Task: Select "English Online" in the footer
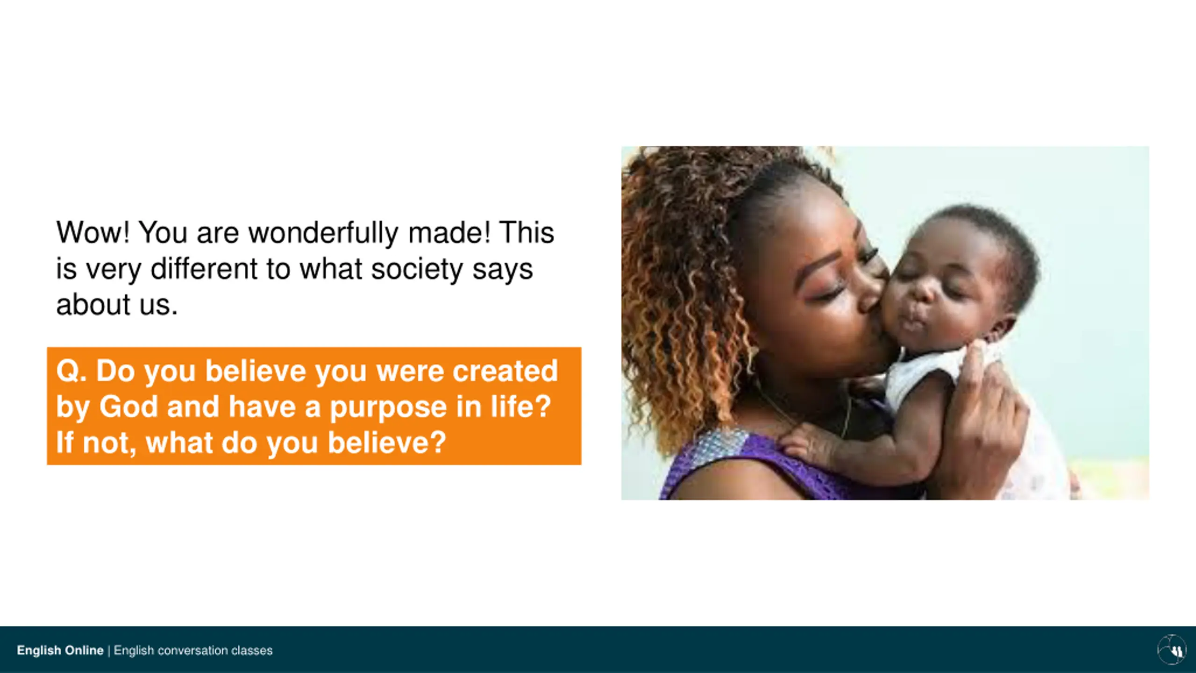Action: pos(60,650)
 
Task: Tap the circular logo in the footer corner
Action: pos(1171,649)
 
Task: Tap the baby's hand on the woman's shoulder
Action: pos(806,442)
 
